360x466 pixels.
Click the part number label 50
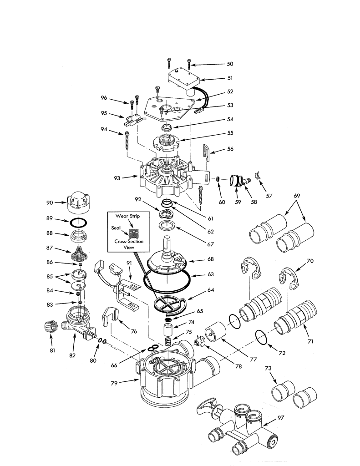pyautogui.click(x=229, y=65)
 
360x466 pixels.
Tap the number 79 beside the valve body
pyautogui.click(x=116, y=383)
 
